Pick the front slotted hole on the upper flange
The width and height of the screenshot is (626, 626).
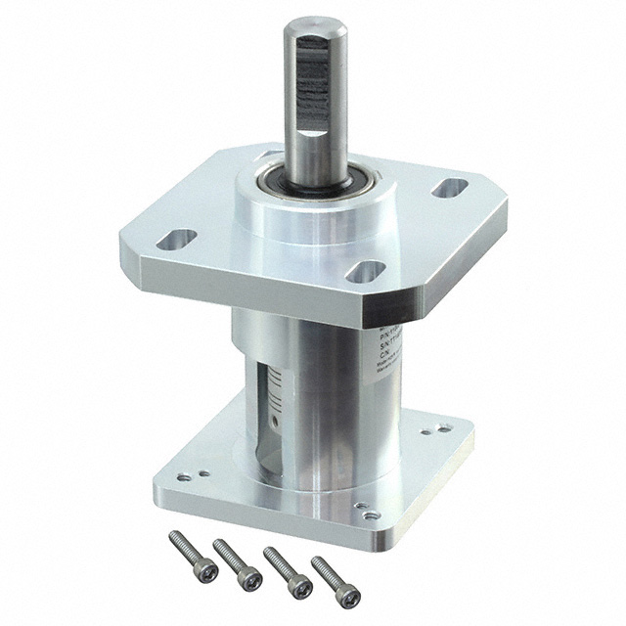pyautogui.click(x=365, y=272)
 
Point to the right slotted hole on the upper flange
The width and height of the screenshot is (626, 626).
pyautogui.click(x=450, y=187)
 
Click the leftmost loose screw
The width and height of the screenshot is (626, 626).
pyautogui.click(x=193, y=556)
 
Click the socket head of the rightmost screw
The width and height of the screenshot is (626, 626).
pyautogui.click(x=350, y=596)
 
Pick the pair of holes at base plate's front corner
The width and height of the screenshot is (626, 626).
pyautogui.click(x=367, y=512)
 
